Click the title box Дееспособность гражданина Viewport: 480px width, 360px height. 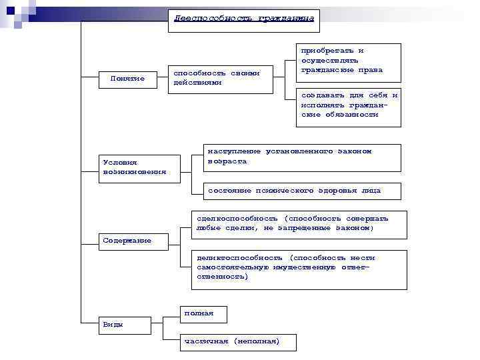point(243,20)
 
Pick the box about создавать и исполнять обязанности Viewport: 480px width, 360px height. point(348,105)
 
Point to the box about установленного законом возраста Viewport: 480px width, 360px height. point(301,157)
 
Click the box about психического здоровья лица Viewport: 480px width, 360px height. point(301,191)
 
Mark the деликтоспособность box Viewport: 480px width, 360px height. point(299,269)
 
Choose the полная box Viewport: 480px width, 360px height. point(203,313)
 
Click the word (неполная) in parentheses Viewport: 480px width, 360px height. point(257,342)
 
